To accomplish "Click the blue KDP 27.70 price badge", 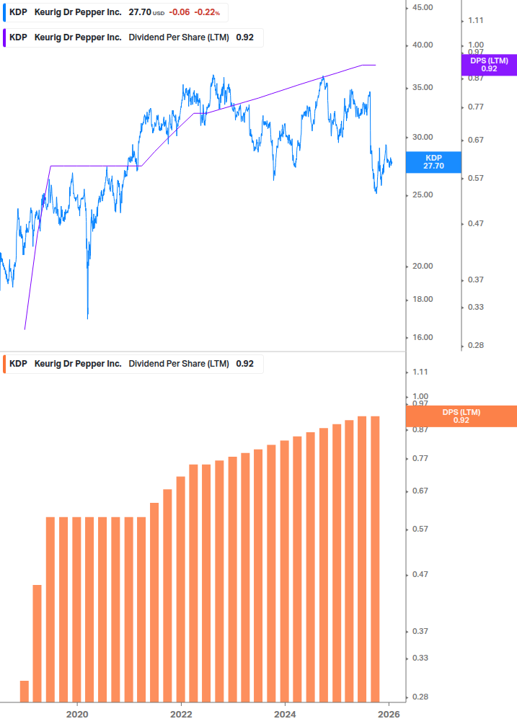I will coord(433,161).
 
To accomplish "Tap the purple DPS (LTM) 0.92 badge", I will coord(489,65).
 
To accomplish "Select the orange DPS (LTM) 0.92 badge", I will coord(461,416).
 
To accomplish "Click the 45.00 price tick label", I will coord(420,7).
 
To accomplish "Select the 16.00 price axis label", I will coord(420,337).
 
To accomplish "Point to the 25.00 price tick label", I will coord(420,195).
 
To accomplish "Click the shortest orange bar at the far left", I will coord(25,691).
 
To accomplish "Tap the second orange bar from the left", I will coord(37,643).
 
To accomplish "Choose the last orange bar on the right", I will coord(375,558).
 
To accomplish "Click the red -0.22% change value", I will coord(207,12).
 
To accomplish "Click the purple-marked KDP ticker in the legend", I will coord(18,37).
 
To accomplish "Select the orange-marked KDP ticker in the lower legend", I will coord(18,364).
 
